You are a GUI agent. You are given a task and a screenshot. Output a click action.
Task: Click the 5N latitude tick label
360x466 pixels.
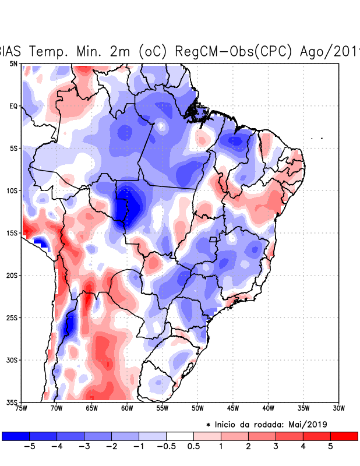pos(13,63)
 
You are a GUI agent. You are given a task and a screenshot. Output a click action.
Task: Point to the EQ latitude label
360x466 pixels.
pos(13,106)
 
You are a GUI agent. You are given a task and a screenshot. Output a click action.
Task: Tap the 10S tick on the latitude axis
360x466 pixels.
pos(12,190)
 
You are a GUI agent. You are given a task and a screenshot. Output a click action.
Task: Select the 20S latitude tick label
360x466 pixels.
pos(12,275)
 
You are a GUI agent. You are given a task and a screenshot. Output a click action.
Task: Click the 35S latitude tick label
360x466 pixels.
pos(12,402)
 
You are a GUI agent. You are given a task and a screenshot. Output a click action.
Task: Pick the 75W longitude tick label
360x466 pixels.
pos(22,408)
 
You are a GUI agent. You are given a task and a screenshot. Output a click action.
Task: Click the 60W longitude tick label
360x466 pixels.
pos(127,408)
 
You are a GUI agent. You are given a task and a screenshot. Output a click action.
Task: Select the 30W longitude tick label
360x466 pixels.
pos(338,408)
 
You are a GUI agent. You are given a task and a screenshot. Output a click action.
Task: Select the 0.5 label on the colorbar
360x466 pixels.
pos(193,446)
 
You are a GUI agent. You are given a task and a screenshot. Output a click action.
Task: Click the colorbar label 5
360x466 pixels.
pos(330,446)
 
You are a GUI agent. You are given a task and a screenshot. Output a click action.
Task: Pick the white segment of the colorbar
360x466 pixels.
pos(180,436)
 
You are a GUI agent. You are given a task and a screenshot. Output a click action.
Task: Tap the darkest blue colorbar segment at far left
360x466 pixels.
pos(16,436)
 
